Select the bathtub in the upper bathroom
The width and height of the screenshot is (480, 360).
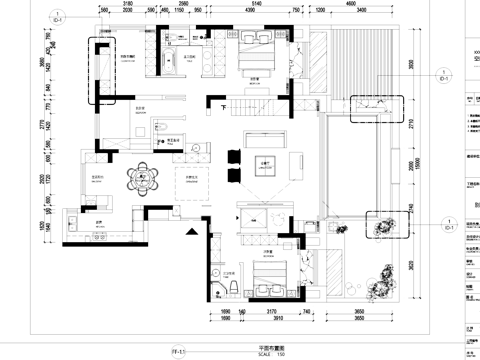pyautogui.click(x=167, y=57)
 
